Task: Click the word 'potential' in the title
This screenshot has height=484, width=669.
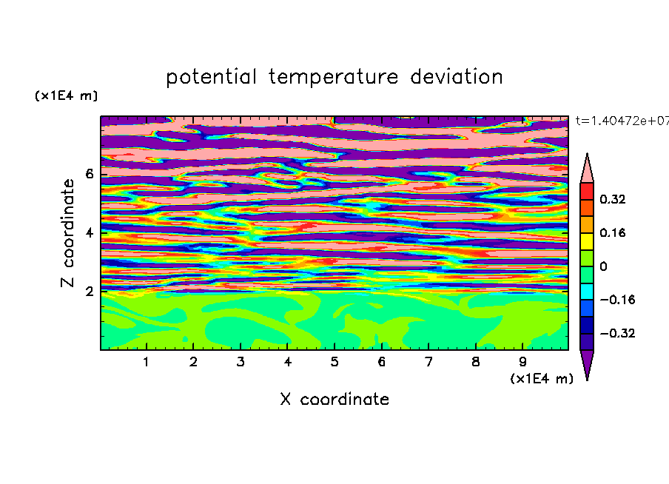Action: pos(211,77)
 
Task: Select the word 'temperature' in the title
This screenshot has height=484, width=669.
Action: pos(334,77)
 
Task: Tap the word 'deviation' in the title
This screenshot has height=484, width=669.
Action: pos(457,77)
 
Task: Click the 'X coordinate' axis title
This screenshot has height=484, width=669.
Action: pos(334,399)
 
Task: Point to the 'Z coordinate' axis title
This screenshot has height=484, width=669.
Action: pos(68,233)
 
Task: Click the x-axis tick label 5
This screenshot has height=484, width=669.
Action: pos(334,362)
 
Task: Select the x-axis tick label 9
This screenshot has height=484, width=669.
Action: pos(522,362)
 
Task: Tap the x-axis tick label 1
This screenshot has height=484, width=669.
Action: pos(147,362)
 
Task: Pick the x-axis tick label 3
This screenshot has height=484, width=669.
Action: pos(241,362)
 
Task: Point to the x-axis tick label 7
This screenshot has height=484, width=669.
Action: pos(428,362)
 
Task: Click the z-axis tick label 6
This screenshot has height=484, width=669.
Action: pos(89,174)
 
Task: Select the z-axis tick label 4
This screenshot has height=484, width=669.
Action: pos(89,233)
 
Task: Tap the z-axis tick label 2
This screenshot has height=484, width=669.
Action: pos(89,292)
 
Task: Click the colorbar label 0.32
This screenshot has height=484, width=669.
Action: pos(613,199)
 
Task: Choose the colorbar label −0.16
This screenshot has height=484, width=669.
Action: pos(617,300)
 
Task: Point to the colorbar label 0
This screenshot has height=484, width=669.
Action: pos(603,266)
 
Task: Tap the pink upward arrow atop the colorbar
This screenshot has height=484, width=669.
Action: pos(587,168)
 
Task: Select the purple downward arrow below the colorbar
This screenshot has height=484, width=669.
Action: pos(587,365)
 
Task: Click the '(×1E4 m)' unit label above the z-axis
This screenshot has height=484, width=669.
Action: pos(66,95)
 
